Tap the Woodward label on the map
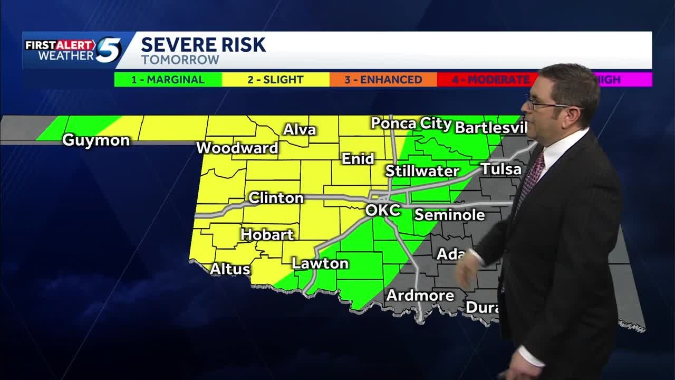click(x=237, y=148)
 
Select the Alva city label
click(x=300, y=130)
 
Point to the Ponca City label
click(x=411, y=124)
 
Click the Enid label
click(x=358, y=159)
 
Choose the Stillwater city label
click(x=422, y=171)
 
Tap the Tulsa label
click(x=500, y=169)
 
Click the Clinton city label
click(x=276, y=198)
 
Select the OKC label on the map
click(x=383, y=211)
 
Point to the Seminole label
click(x=449, y=215)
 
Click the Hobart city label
click(x=267, y=234)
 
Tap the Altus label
click(x=230, y=269)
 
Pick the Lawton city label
click(x=320, y=263)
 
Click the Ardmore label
click(x=420, y=296)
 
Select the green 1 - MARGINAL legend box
click(x=168, y=80)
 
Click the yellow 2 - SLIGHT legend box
click(x=276, y=80)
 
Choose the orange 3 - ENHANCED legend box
click(x=383, y=80)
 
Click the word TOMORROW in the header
click(x=180, y=60)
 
